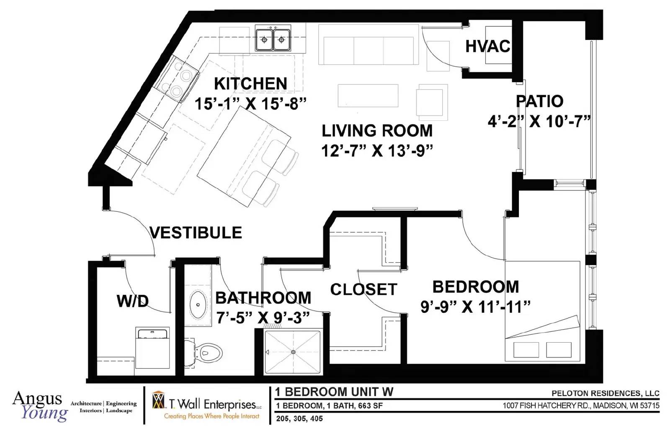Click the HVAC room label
tap(488, 47)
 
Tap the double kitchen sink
tap(273, 38)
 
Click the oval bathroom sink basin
tap(198, 304)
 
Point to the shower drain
tap(293, 352)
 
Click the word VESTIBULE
tap(196, 233)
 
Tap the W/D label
tap(133, 301)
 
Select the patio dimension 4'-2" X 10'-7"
tap(539, 122)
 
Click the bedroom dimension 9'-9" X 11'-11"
tap(475, 307)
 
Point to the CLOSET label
tap(363, 289)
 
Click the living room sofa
tap(368, 44)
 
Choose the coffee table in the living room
tap(368, 96)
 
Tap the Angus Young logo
tap(40, 406)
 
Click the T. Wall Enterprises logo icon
tap(159, 401)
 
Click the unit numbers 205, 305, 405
tap(299, 418)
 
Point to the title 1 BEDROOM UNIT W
tap(334, 392)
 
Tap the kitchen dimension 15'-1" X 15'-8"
tap(251, 104)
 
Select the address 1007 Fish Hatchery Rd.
tap(581, 405)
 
